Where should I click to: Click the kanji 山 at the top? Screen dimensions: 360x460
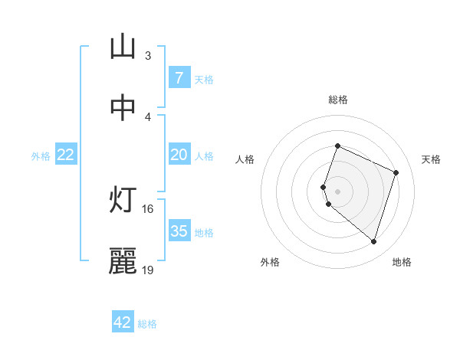[x=123, y=47]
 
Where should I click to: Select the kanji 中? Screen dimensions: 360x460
[x=123, y=108]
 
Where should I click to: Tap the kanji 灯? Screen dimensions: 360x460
[x=123, y=200]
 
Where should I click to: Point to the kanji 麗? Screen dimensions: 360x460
[x=123, y=261]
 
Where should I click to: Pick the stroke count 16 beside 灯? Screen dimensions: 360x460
[x=148, y=208]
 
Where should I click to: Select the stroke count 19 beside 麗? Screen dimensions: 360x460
[x=148, y=270]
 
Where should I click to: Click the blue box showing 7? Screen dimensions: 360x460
[x=179, y=77]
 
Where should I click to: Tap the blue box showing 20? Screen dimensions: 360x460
[x=179, y=155]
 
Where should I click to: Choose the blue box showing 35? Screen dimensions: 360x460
[x=179, y=231]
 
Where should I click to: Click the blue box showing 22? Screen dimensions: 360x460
[x=66, y=155]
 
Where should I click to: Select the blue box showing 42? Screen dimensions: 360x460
[x=123, y=322]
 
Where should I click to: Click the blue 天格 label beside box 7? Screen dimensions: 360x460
[x=204, y=79]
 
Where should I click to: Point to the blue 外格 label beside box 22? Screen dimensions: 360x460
[x=41, y=156]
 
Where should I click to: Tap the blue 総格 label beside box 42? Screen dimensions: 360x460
[x=147, y=324]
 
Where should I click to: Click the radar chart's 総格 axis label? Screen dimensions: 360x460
[x=338, y=100]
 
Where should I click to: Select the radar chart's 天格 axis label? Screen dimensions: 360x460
[x=432, y=159]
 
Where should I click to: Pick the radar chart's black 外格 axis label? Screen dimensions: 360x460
[x=270, y=262]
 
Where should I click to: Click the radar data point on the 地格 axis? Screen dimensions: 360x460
[x=373, y=241]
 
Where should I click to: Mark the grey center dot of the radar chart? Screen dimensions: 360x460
[x=338, y=191]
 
